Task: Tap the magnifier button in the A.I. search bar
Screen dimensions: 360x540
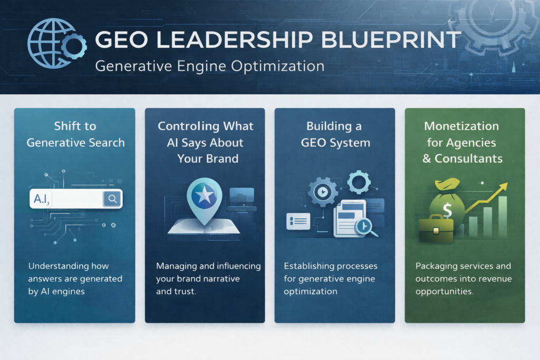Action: click(x=112, y=198)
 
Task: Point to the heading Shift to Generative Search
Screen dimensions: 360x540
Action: click(x=75, y=134)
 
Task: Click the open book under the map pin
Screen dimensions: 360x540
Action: click(x=205, y=225)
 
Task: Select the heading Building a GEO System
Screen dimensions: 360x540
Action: click(x=335, y=134)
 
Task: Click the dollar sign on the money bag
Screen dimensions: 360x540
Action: click(x=447, y=210)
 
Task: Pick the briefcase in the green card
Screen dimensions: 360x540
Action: click(x=436, y=228)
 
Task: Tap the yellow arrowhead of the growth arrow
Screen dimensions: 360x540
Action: click(x=504, y=186)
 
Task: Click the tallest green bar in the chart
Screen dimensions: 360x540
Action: click(x=502, y=217)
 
